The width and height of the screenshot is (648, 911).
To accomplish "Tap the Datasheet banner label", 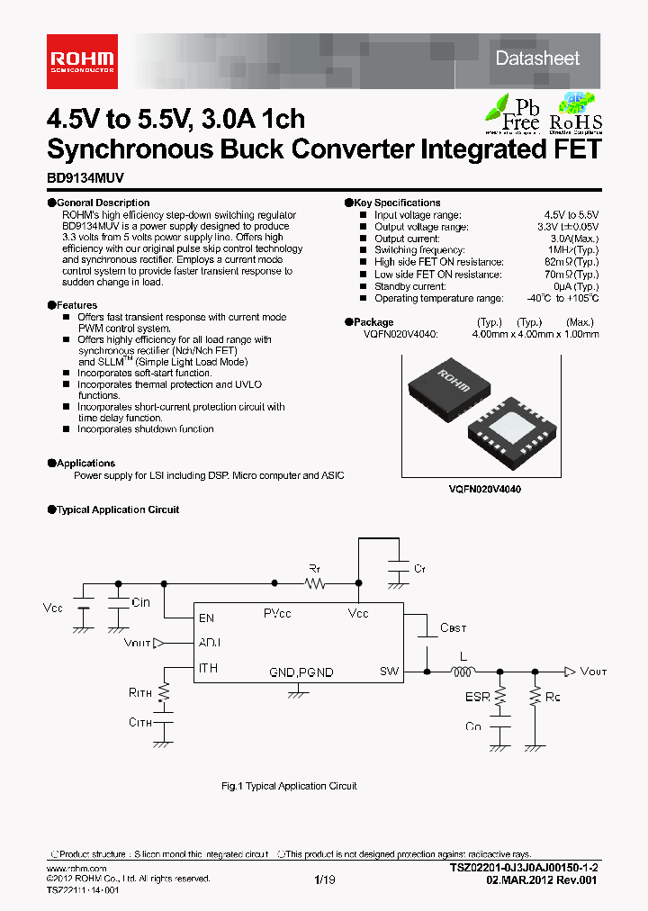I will (537, 59).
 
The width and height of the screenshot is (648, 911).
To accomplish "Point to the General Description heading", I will (103, 203).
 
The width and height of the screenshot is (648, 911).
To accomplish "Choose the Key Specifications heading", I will (396, 203).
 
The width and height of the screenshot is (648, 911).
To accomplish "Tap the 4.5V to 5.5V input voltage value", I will (571, 215).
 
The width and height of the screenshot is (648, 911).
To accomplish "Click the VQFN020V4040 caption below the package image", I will (485, 487).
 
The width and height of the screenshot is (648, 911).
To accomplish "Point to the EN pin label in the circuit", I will (206, 618).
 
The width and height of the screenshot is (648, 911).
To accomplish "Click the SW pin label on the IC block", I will (389, 671).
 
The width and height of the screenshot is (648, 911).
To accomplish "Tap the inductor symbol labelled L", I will (463, 671).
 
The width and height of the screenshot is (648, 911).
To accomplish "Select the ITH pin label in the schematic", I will (207, 668).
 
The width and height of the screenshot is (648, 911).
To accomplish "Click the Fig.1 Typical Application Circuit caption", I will (289, 786).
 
